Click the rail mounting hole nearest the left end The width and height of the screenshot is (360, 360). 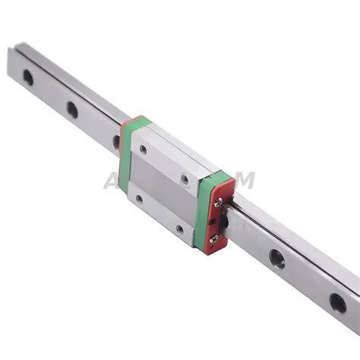click(28, 77)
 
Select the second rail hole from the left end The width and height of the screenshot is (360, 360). click(72, 109)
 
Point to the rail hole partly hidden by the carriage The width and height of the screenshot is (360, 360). click(117, 141)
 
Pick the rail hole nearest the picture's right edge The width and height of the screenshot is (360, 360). click(337, 304)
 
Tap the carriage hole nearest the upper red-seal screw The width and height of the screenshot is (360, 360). click(185, 180)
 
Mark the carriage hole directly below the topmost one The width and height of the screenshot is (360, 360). click(139, 199)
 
